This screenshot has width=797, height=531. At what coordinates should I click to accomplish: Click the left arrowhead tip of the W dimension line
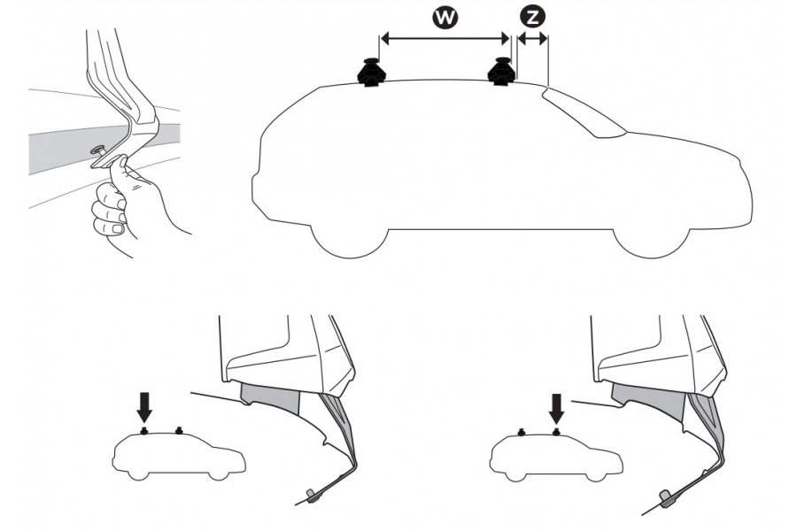tap(381, 38)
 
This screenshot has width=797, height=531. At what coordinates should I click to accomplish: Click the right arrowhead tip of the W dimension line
tap(509, 38)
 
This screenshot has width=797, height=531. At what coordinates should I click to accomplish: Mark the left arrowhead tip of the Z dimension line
tap(517, 39)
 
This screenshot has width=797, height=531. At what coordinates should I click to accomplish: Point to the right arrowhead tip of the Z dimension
tap(547, 39)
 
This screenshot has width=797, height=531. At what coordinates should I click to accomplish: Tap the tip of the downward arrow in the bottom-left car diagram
tap(145, 422)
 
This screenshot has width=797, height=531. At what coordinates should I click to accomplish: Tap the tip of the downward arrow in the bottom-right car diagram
tap(557, 423)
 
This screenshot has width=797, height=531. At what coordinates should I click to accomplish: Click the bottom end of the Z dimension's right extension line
tap(548, 85)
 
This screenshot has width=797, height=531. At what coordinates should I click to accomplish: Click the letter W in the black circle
tap(445, 18)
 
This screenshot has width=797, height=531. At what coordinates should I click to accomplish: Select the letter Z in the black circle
tap(532, 18)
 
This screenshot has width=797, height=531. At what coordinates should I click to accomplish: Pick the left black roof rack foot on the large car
tap(372, 73)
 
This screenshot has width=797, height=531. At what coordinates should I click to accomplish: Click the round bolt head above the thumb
tap(96, 150)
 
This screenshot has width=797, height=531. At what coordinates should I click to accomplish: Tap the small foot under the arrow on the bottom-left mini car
tap(144, 431)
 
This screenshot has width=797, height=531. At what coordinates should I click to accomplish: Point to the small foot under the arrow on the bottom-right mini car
tap(557, 432)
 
